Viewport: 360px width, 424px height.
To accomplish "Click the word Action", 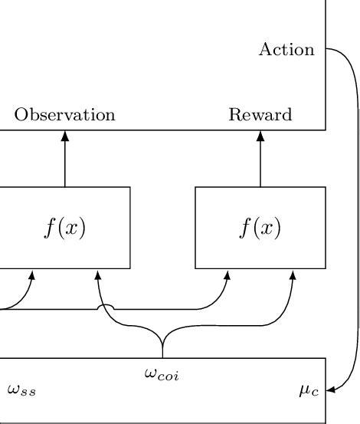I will point(286,50).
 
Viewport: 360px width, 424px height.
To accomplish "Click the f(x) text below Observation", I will point(64,228).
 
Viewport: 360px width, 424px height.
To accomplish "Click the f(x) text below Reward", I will point(260,228).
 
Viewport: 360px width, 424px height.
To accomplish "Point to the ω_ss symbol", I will point(21,390).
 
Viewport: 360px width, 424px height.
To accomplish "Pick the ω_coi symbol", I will point(162,374).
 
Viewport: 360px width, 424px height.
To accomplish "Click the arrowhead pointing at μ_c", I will point(330,391).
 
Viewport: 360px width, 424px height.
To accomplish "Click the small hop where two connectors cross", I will point(108,307).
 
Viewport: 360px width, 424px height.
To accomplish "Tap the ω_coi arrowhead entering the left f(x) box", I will point(97,274).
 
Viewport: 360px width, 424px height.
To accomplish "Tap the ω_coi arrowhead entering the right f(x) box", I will point(293,274).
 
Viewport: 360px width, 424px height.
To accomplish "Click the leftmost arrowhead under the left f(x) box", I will point(32,274).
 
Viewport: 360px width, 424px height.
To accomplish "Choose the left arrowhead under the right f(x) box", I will point(227,274).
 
